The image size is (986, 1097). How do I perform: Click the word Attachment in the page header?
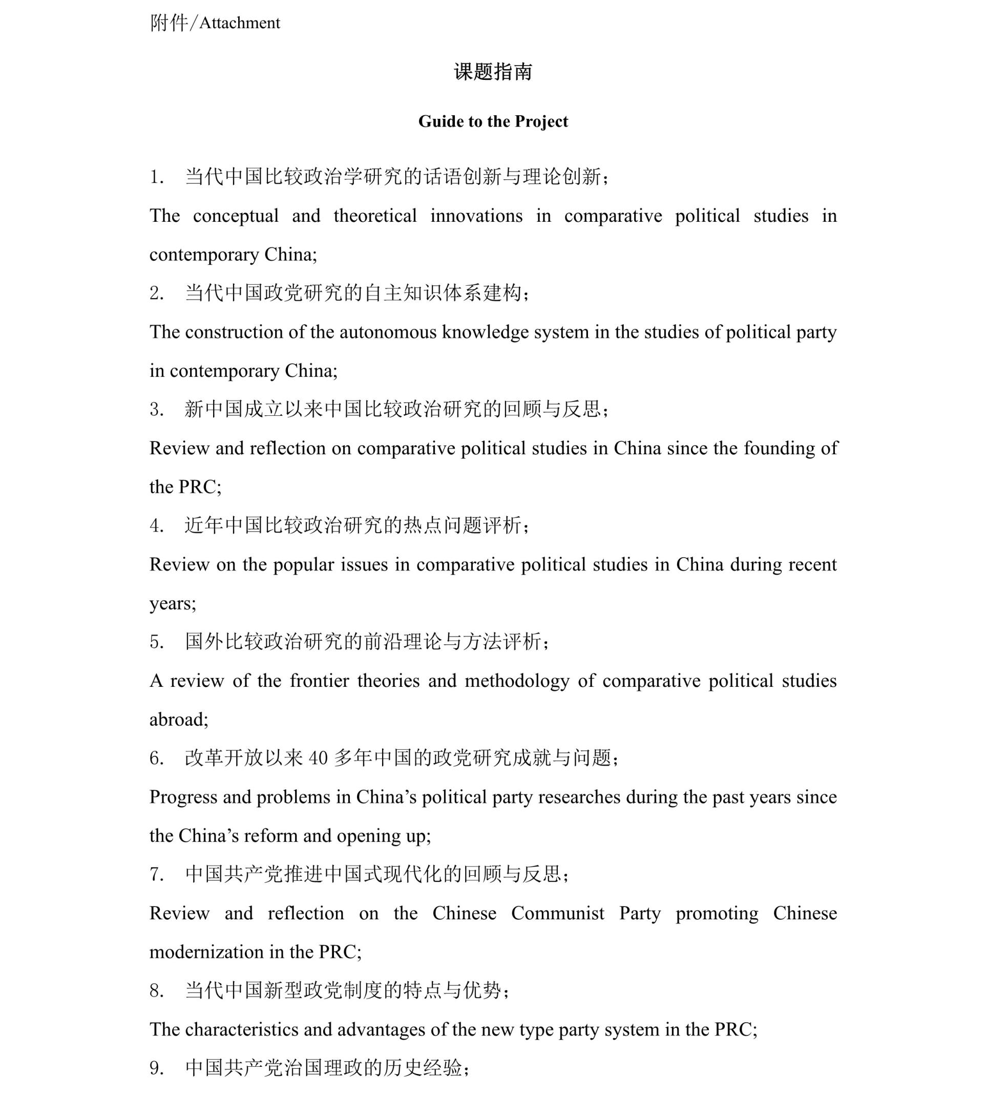click(240, 23)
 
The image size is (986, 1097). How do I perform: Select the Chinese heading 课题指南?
click(493, 72)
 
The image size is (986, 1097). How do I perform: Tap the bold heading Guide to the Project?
click(493, 121)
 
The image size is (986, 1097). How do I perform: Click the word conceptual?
click(236, 216)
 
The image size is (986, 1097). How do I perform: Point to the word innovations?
click(476, 216)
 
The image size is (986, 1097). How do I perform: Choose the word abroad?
click(178, 720)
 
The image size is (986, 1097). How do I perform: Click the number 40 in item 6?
click(318, 758)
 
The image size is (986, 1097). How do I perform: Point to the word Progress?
click(183, 797)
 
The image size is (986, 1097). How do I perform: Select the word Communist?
click(557, 913)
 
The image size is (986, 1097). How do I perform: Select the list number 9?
click(156, 1068)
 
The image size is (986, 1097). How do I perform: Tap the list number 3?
click(156, 410)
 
